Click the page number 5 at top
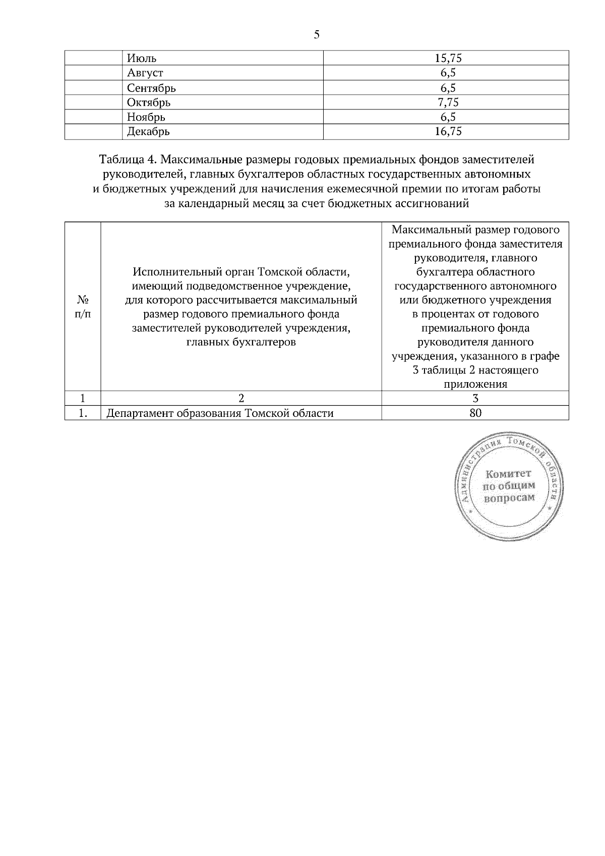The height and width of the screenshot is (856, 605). (x=316, y=35)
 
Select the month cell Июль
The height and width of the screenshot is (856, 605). (x=142, y=58)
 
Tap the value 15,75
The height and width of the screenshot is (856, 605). (x=448, y=58)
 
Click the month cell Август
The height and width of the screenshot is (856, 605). (x=145, y=73)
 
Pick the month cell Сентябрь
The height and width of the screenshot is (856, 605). (x=151, y=88)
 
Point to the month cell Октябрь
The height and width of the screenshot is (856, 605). (x=149, y=103)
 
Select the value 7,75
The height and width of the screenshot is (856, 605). (x=448, y=103)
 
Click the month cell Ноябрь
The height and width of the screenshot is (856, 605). (x=146, y=117)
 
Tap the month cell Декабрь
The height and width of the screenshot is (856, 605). (x=148, y=132)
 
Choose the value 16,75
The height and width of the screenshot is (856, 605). (x=448, y=132)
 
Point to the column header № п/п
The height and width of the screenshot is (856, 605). (x=83, y=307)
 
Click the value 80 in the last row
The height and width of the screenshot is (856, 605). (x=475, y=413)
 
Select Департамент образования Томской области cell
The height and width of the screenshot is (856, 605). (x=220, y=414)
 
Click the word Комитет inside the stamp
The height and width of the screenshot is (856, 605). (x=508, y=474)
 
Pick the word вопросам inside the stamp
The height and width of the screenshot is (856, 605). (x=509, y=498)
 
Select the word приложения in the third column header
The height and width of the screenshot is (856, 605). (x=475, y=384)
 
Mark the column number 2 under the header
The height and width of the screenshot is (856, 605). (x=241, y=398)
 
